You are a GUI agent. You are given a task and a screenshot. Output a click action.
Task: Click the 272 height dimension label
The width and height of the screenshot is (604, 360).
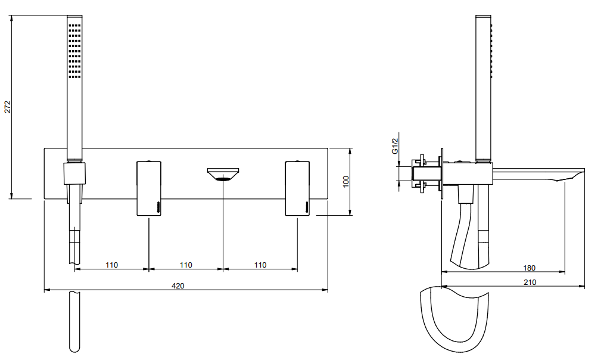pos(8,107)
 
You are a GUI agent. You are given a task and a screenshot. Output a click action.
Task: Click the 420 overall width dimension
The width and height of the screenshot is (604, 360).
pos(178,285)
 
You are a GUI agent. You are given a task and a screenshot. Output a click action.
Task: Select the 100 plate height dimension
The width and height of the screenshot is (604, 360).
pos(346,182)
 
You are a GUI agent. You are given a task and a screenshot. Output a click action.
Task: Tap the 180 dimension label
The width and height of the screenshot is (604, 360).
pos(530,268)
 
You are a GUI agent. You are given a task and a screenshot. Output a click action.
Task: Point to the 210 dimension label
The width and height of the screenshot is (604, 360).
pos(530,282)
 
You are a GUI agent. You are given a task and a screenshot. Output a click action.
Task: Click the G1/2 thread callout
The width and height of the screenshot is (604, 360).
pos(395,146)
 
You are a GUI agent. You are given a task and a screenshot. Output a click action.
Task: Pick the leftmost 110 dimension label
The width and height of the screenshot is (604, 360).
pos(112,265)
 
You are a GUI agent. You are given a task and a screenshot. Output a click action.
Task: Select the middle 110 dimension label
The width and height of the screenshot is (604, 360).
pos(186,265)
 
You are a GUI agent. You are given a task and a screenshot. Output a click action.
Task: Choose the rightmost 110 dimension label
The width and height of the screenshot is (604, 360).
pos(260,265)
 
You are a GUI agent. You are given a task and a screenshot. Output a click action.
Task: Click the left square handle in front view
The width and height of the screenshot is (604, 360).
pos(149,188)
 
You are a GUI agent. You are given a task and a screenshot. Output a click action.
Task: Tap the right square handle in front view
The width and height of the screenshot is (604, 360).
pos(297,188)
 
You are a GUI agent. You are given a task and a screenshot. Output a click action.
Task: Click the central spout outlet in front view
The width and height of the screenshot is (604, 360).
pos(223,175)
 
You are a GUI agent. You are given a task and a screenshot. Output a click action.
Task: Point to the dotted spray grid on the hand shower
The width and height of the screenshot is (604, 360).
pos(74,51)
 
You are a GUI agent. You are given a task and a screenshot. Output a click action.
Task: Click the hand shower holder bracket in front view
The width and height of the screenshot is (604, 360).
pos(74,173)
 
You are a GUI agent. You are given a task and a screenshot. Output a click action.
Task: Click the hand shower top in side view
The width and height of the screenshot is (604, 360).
pos(484,17)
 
